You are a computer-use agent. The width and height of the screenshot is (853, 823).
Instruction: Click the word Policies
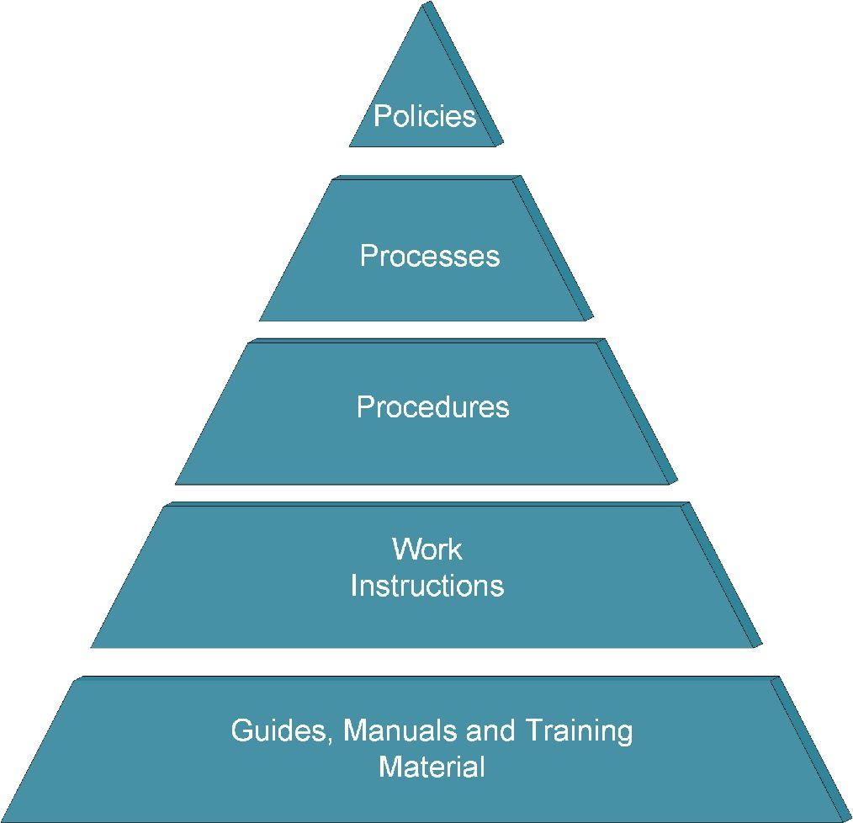coord(425,115)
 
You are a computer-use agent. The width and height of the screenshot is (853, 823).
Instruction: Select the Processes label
coord(429,255)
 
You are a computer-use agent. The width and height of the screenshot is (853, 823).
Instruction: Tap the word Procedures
coord(432,406)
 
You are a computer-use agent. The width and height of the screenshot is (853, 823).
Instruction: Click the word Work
coord(426,550)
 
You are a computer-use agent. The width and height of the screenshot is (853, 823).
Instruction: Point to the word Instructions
coord(426,585)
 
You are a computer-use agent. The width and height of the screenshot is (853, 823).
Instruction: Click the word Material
coord(432,767)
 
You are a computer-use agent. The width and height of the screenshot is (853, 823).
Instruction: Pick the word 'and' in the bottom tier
coord(490,730)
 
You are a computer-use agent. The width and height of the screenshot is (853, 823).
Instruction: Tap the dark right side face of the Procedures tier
coord(641,412)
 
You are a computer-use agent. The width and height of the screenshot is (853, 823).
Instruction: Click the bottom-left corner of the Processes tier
coord(261,320)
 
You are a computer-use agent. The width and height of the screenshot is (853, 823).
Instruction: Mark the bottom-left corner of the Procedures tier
coord(177,483)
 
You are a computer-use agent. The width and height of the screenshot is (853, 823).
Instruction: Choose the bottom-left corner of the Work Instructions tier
coord(93,646)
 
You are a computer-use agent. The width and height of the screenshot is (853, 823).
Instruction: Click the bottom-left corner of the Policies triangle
coord(351,146)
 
